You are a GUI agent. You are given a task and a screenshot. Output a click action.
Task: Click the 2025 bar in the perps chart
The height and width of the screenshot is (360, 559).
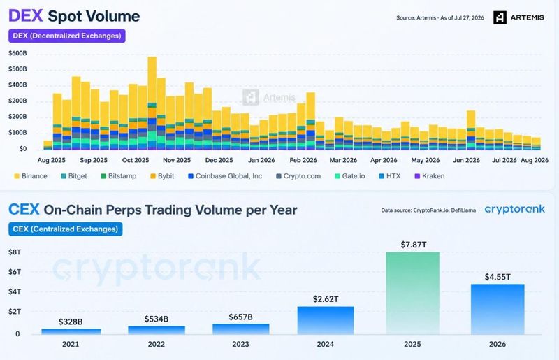tap(412, 294)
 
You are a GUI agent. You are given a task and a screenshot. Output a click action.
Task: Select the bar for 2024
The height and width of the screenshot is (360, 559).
tap(326, 320)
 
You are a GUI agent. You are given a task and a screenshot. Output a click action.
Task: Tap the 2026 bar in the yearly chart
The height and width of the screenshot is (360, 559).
tap(498, 310)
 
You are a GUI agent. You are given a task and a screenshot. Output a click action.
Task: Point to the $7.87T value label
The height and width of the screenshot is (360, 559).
tap(414, 245)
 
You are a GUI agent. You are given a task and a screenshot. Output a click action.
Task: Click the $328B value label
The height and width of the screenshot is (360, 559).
tap(71, 322)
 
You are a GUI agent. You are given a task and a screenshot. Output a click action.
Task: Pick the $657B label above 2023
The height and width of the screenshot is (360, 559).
tap(240, 317)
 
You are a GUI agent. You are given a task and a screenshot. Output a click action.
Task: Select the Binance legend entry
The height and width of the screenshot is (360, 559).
tap(31, 176)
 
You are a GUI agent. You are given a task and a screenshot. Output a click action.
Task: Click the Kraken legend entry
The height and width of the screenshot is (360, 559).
tap(430, 176)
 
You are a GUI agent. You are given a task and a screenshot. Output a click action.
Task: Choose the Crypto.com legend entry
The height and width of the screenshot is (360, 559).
tap(298, 176)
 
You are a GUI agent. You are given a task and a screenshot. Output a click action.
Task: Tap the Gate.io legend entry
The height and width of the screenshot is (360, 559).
tap(350, 176)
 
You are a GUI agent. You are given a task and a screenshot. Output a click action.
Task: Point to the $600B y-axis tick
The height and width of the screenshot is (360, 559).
tap(18, 53)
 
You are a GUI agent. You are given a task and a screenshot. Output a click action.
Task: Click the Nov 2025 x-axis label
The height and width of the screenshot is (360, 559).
tap(177, 160)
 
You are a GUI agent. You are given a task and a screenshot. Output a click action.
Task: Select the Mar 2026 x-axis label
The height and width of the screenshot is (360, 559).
tap(343, 160)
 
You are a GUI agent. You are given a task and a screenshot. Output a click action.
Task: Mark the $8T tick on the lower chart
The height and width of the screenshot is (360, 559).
tap(15, 252)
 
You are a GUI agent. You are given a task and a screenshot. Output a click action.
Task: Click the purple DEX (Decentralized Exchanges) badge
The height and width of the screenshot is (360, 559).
tap(67, 36)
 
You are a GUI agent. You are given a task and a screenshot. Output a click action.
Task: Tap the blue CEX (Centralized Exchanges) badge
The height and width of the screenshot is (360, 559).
tap(66, 229)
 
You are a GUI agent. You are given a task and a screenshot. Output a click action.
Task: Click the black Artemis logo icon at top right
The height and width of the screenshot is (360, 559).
tap(500, 17)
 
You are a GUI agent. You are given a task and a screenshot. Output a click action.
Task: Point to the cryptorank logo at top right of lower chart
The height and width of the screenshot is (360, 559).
tap(515, 209)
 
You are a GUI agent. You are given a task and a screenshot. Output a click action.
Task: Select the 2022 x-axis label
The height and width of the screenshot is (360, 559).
tap(157, 344)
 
